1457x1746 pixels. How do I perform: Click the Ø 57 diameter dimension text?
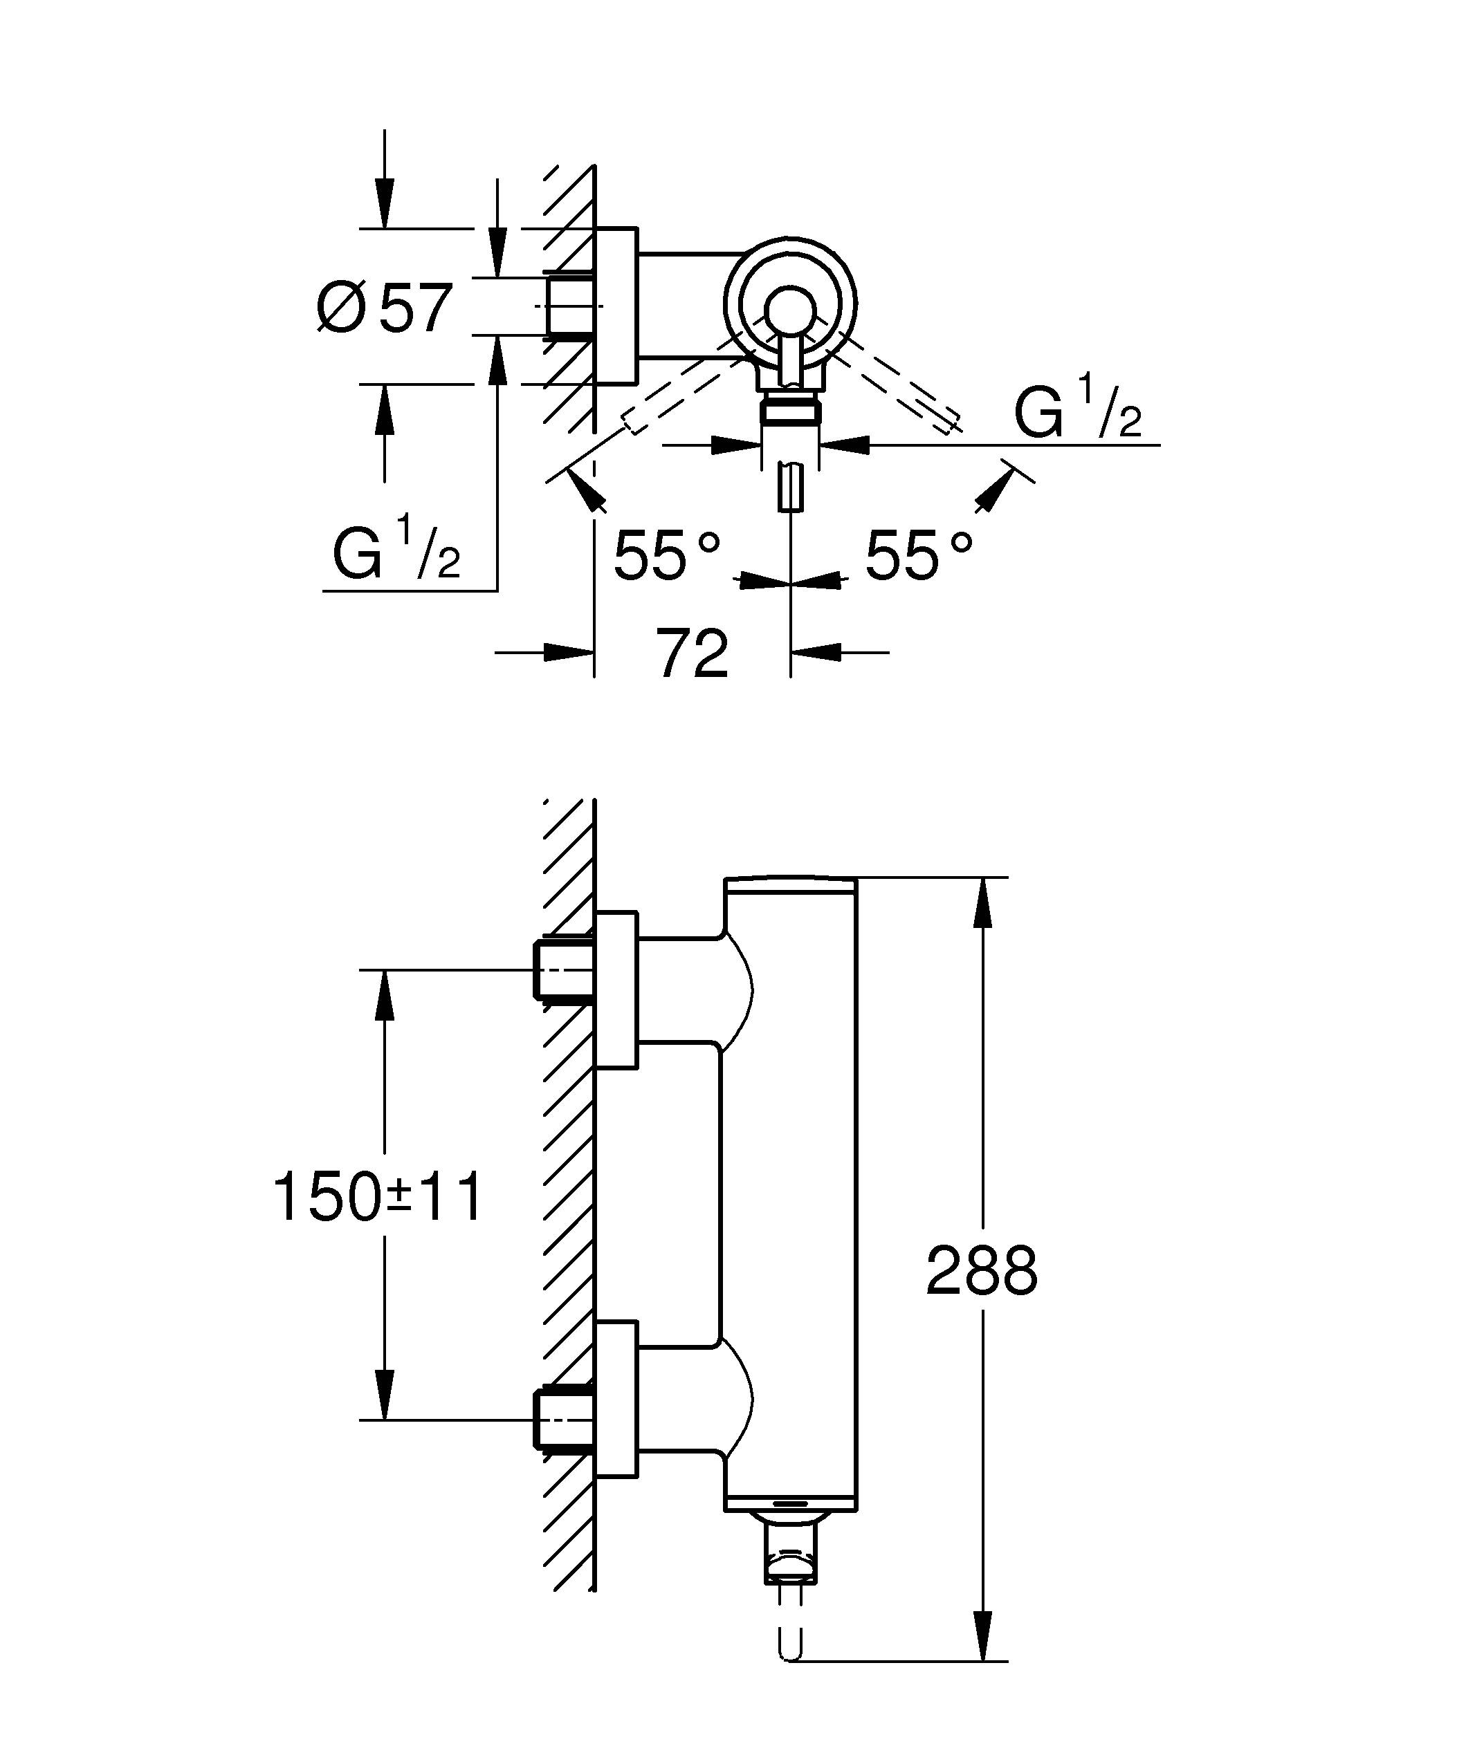coord(385,308)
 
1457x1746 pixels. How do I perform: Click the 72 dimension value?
coord(692,653)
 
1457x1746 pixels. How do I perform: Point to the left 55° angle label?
coord(666,555)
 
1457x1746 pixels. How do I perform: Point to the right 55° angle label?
coord(917,555)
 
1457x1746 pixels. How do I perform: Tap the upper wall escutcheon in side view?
coord(617,990)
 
